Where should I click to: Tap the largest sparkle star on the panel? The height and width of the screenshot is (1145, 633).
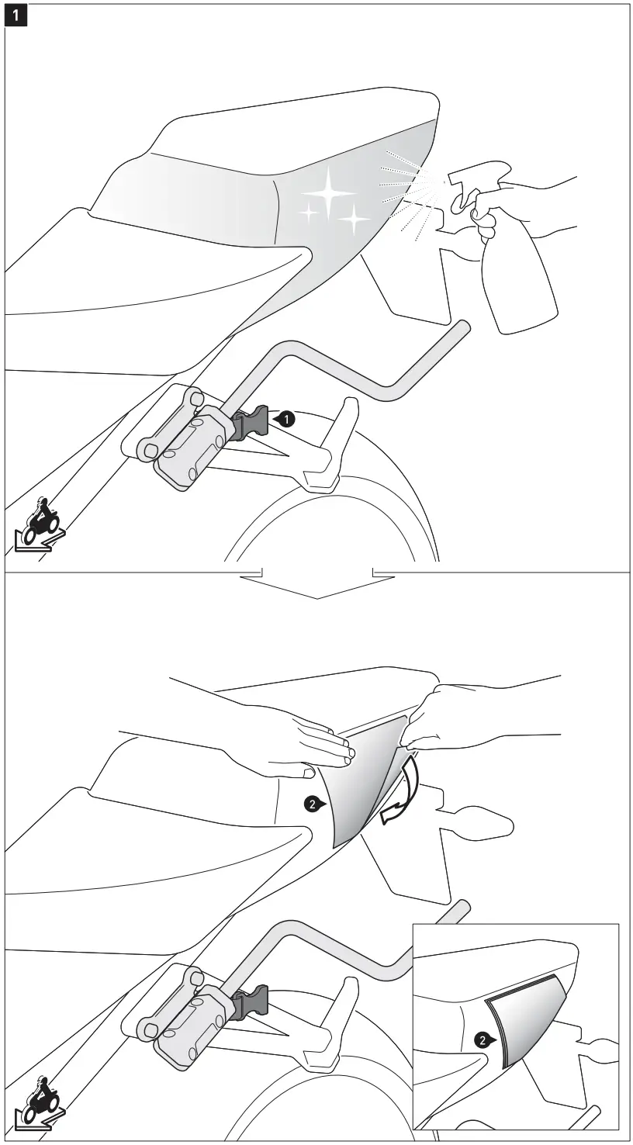[329, 192]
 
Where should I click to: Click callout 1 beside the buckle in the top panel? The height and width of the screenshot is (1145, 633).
[286, 419]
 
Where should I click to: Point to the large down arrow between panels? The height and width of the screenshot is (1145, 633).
[316, 586]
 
